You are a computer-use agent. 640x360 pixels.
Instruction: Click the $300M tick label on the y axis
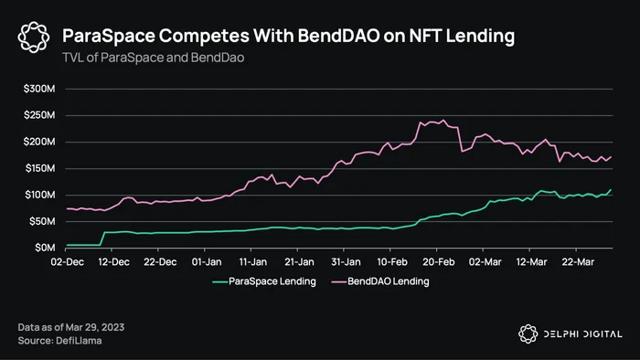click(x=39, y=89)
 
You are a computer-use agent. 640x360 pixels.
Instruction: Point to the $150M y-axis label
click(x=40, y=168)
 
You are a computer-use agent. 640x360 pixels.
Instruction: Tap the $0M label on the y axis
click(x=45, y=248)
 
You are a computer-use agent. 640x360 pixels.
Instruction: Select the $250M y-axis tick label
click(x=39, y=115)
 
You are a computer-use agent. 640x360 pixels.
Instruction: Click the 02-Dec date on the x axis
click(x=68, y=261)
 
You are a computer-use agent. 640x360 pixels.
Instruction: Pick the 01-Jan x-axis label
click(x=207, y=261)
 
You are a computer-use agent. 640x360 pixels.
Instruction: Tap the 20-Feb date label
click(x=438, y=261)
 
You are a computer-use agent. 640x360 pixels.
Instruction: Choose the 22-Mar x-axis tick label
click(x=578, y=261)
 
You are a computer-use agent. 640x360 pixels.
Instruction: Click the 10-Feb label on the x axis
click(x=392, y=261)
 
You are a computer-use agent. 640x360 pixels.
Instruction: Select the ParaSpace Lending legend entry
click(x=264, y=281)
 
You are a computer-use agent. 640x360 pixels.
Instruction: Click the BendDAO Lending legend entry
click(x=380, y=281)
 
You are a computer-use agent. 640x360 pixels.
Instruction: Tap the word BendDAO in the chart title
click(x=338, y=36)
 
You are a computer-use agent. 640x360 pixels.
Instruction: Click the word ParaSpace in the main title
click(x=109, y=36)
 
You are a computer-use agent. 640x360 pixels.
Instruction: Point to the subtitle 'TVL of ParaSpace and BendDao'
click(x=153, y=58)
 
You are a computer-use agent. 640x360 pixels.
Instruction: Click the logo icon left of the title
click(x=34, y=37)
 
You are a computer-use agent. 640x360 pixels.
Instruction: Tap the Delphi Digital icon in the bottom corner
click(x=528, y=334)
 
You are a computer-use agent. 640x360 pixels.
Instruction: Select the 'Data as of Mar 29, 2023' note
click(x=71, y=327)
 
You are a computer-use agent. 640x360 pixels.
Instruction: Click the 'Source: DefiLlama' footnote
click(x=59, y=341)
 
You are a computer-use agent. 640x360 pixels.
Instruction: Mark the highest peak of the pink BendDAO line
click(x=443, y=121)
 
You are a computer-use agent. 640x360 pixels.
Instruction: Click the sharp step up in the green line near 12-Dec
click(x=102, y=238)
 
